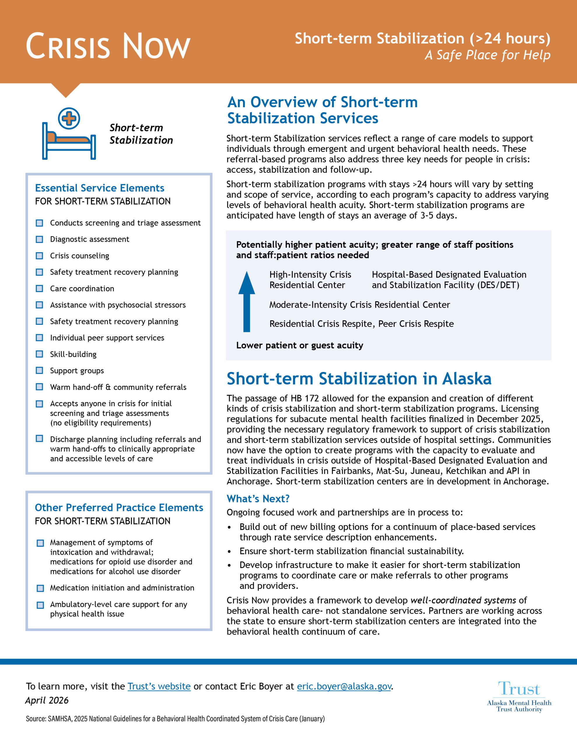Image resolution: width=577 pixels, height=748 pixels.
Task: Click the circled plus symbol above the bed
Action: pos(69,118)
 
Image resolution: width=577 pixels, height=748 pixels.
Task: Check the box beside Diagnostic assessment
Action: pos(40,239)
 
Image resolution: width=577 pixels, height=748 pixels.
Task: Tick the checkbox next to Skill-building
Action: pos(40,354)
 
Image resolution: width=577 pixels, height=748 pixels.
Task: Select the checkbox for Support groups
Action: pos(40,370)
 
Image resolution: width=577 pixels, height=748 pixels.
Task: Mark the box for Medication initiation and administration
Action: pos(40,588)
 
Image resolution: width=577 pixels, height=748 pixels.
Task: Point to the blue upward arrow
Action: pos(246,302)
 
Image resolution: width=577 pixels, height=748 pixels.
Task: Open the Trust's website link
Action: pos(159,686)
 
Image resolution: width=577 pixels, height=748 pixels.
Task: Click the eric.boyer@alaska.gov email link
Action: pos(344,686)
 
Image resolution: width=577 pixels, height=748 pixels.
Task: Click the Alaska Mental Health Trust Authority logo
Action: pos(519,697)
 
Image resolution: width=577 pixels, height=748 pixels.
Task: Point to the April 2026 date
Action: pos(47,700)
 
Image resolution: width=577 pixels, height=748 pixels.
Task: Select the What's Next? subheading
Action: pos(258,499)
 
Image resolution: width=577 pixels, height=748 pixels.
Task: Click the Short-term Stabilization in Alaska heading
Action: pos(359,379)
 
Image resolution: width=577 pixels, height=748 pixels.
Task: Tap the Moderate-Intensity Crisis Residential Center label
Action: pos(359,305)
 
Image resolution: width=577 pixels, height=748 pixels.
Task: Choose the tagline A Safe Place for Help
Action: pos(487,55)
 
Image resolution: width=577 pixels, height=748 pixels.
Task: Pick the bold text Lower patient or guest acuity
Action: pos(300,345)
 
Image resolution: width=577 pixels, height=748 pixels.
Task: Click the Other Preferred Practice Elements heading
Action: pos(119,508)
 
